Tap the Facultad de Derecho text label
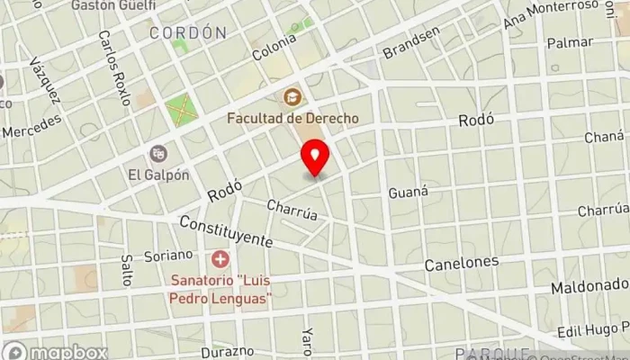coord(292,118)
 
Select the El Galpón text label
coord(158,175)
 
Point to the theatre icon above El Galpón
coord(158,153)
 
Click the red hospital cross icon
coord(220,258)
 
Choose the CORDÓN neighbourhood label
coord(187,33)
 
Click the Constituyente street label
coord(225,232)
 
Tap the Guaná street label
coord(406,193)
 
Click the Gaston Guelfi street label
coord(113,5)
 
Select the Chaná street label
coord(603,136)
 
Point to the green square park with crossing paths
coord(180,111)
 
